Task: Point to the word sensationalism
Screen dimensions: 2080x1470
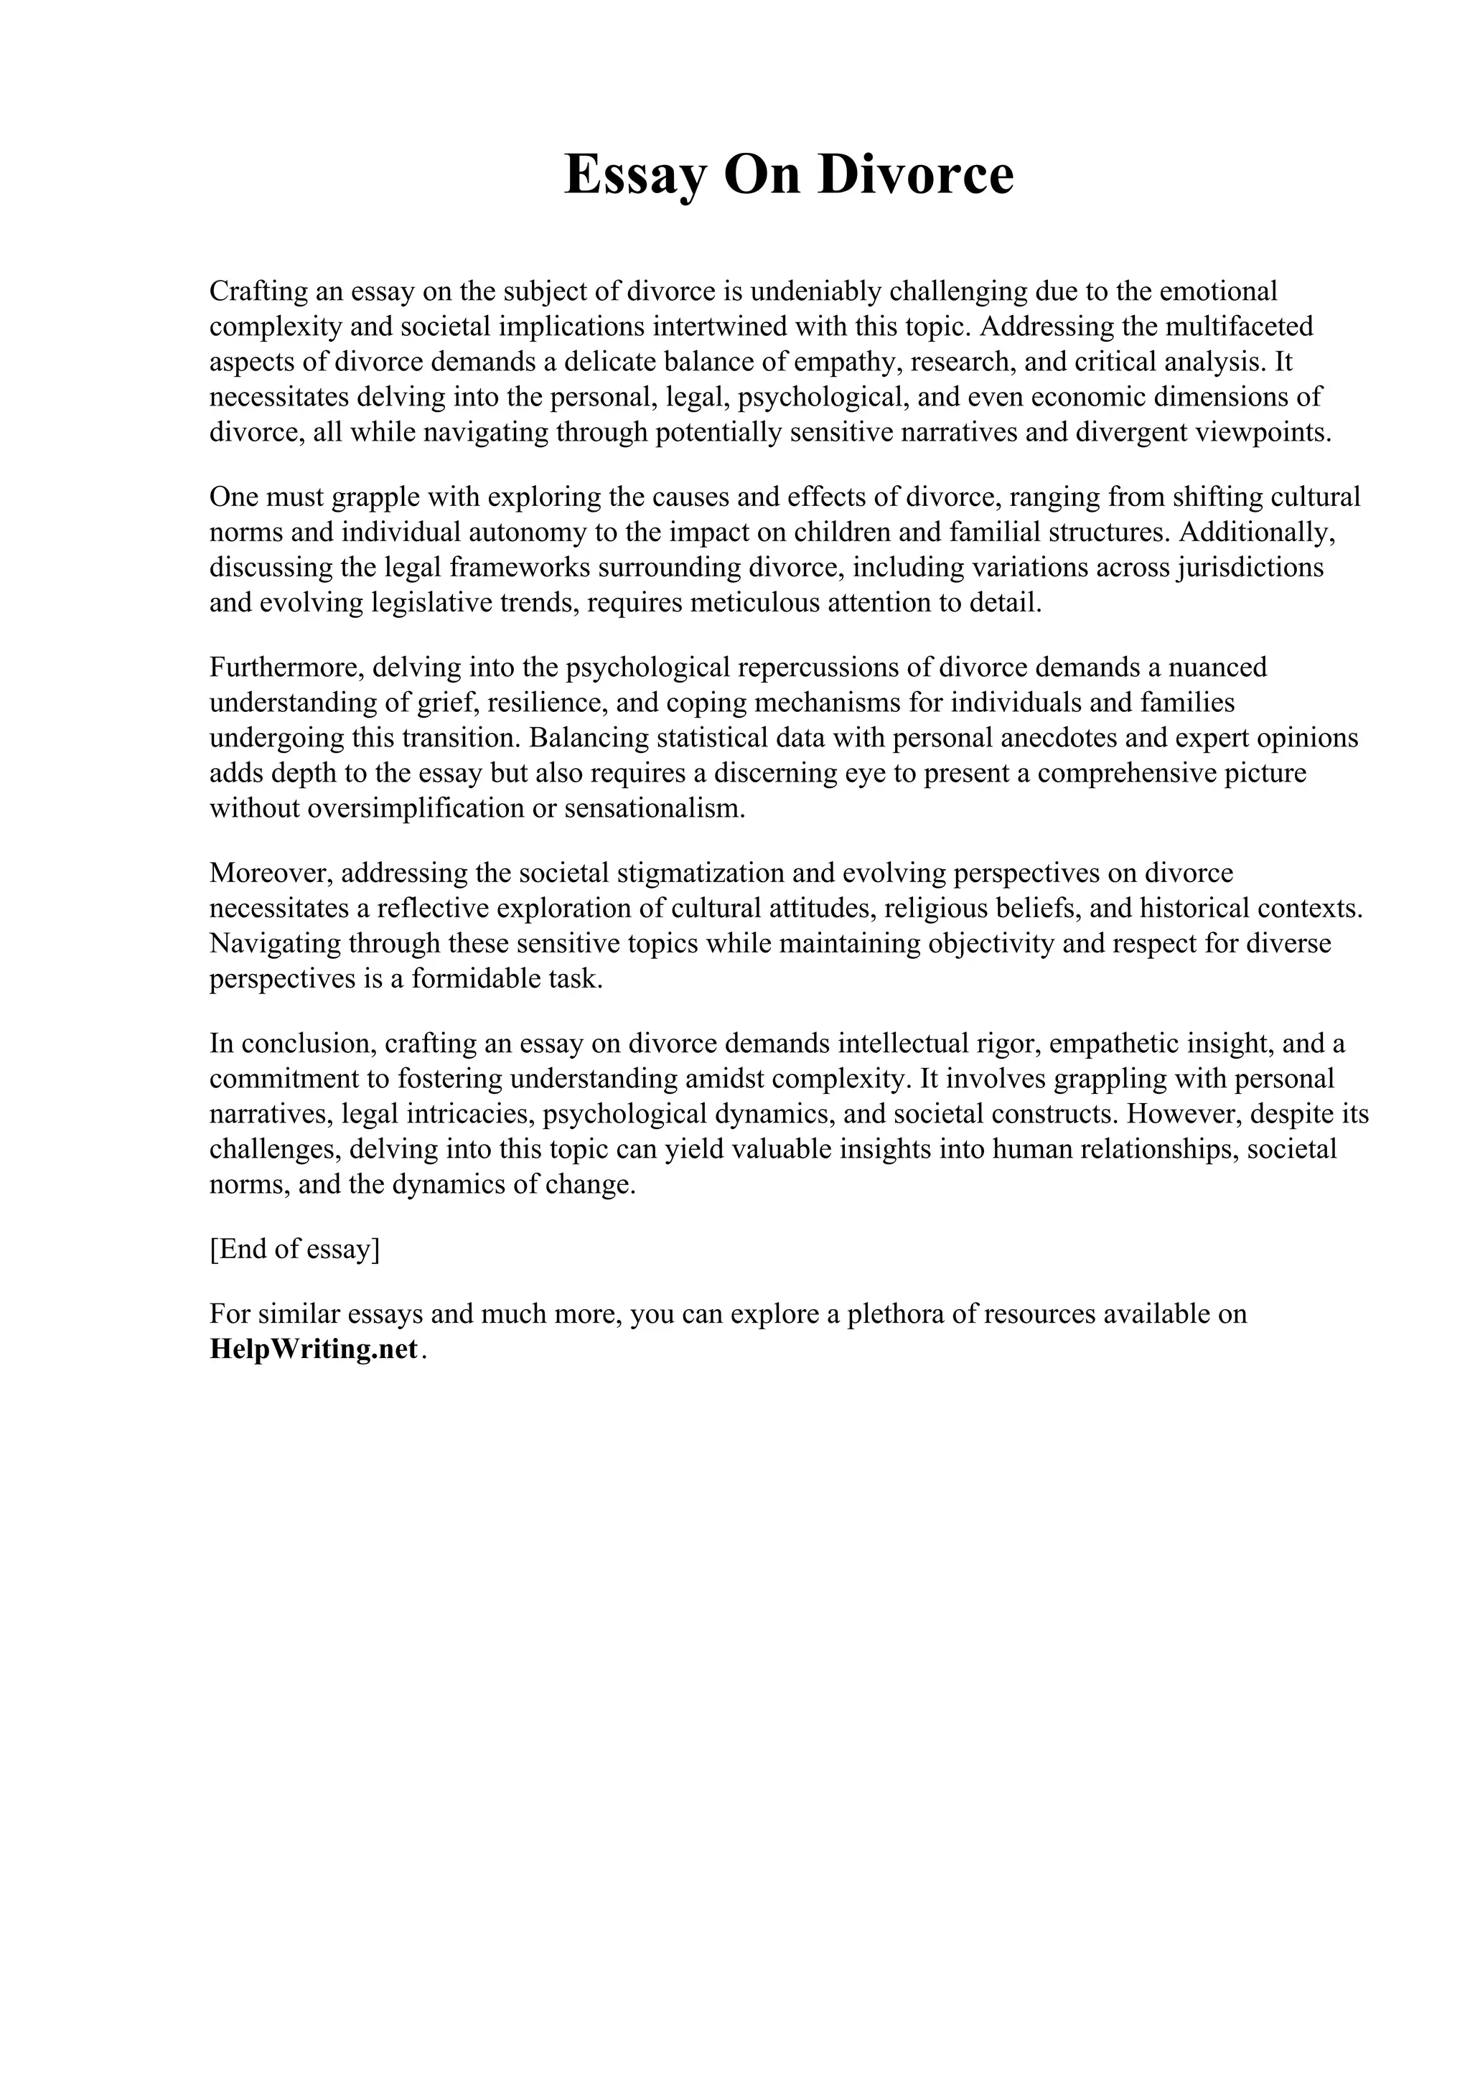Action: point(654,809)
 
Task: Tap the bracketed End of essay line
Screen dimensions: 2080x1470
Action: point(294,1250)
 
